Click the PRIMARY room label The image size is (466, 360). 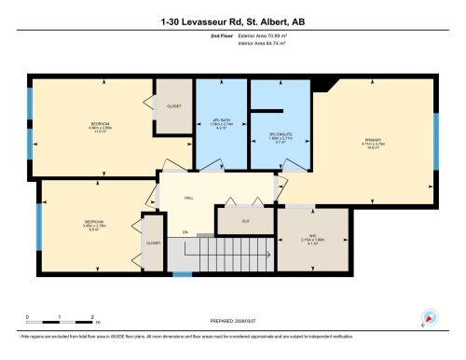coord(374,141)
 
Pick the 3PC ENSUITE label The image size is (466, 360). coord(281,136)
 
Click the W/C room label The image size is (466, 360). coord(291,238)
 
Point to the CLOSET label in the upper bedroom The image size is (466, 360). coord(173,106)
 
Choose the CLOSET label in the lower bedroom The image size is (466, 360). coord(153,242)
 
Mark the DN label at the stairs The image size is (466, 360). coord(185,231)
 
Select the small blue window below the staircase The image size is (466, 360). coord(183,273)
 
